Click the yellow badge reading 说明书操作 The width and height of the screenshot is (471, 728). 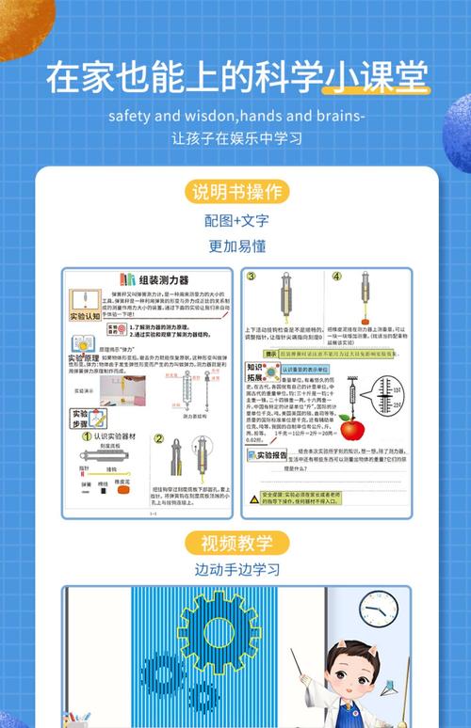(x=236, y=193)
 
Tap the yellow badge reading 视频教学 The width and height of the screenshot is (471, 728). (x=236, y=543)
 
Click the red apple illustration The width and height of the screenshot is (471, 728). (x=351, y=430)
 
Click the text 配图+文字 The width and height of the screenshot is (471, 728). (x=236, y=221)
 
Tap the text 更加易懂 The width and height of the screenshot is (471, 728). (x=236, y=246)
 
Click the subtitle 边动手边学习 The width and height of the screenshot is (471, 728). (x=236, y=570)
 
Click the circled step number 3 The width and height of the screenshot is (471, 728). (x=252, y=277)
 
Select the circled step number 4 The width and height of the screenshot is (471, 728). (x=336, y=277)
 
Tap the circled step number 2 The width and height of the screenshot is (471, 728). (x=159, y=438)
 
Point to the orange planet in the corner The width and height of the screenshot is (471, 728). (x=24, y=24)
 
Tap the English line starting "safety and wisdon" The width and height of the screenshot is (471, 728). (x=236, y=117)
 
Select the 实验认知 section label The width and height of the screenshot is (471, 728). (x=83, y=317)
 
